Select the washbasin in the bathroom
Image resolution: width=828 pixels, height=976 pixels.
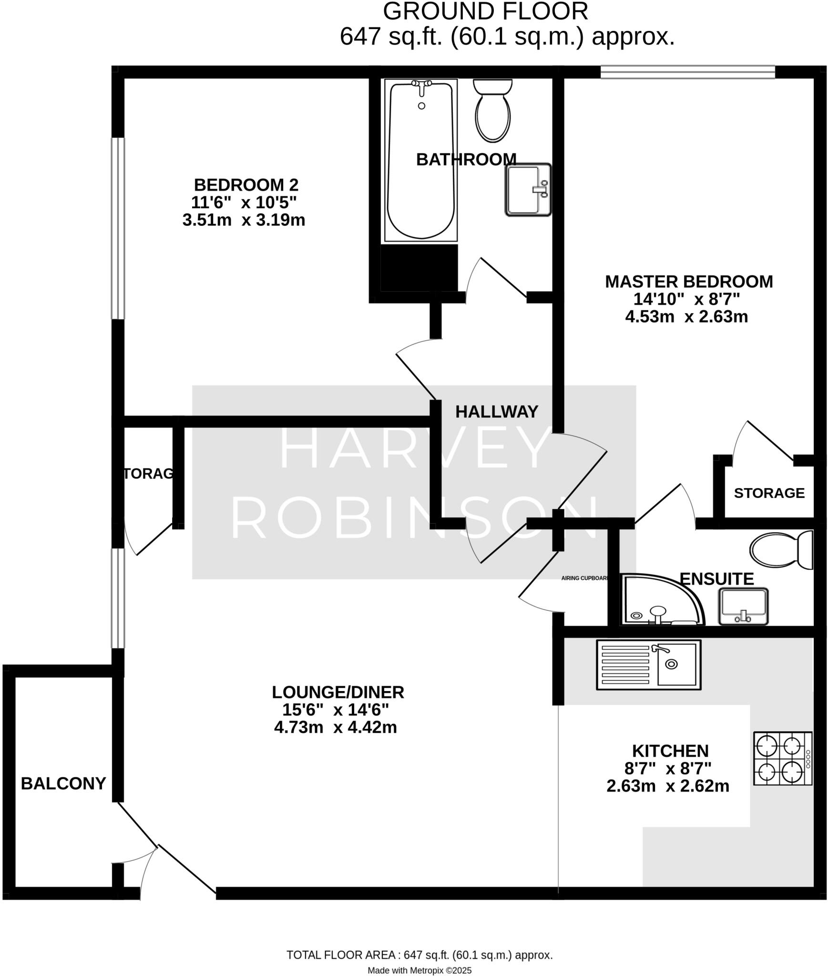[528, 190]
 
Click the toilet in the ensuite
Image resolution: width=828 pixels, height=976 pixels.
[781, 549]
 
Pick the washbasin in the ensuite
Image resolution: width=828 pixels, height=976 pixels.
[743, 606]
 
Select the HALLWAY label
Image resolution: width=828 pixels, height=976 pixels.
[497, 412]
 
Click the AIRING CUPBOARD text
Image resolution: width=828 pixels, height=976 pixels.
[585, 579]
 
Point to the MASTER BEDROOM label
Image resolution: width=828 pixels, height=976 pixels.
[689, 282]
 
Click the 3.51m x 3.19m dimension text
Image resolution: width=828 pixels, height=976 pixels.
[244, 220]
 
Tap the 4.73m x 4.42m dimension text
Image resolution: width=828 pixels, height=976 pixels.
[336, 727]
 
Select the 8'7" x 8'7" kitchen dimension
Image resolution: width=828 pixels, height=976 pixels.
[668, 768]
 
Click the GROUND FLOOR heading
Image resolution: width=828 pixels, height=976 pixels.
[485, 12]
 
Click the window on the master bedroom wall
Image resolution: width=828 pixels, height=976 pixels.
[687, 72]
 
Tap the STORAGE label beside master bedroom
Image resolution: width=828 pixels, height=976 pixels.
[769, 493]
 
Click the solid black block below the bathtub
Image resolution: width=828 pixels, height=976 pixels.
[419, 267]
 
